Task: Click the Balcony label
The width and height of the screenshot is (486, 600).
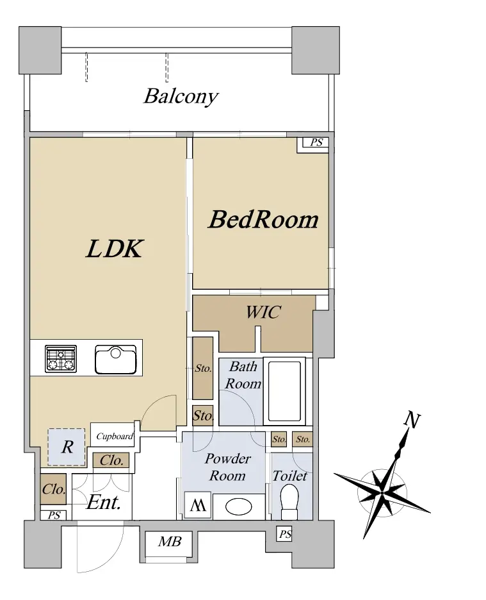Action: (x=181, y=96)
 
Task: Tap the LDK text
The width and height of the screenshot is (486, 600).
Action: (x=115, y=248)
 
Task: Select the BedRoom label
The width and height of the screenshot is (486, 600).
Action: (x=263, y=220)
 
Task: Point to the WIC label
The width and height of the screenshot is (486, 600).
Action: (x=263, y=312)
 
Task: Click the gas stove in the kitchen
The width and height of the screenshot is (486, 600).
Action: (x=61, y=358)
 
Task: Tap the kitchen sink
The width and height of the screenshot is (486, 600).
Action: (x=116, y=360)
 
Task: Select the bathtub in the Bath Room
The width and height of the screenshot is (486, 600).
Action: (x=284, y=391)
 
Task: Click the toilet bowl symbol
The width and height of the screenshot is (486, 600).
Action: (x=289, y=502)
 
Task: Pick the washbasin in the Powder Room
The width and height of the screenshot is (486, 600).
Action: (x=239, y=507)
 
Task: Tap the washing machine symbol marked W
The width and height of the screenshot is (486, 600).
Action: (x=198, y=505)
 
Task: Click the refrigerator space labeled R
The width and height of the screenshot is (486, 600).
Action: (x=67, y=447)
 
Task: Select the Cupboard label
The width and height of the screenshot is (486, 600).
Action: (x=115, y=437)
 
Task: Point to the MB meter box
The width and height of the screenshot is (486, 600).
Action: (x=170, y=542)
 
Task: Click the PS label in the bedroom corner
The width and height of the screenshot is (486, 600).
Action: (x=316, y=142)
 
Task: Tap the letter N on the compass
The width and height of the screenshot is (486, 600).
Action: (x=412, y=420)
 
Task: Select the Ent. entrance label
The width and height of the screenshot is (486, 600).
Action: (x=104, y=503)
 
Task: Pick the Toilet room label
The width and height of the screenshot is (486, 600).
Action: (x=290, y=476)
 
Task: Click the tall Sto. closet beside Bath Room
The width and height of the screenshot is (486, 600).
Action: (x=202, y=368)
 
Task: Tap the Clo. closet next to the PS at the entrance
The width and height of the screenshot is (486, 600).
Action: (x=54, y=489)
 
